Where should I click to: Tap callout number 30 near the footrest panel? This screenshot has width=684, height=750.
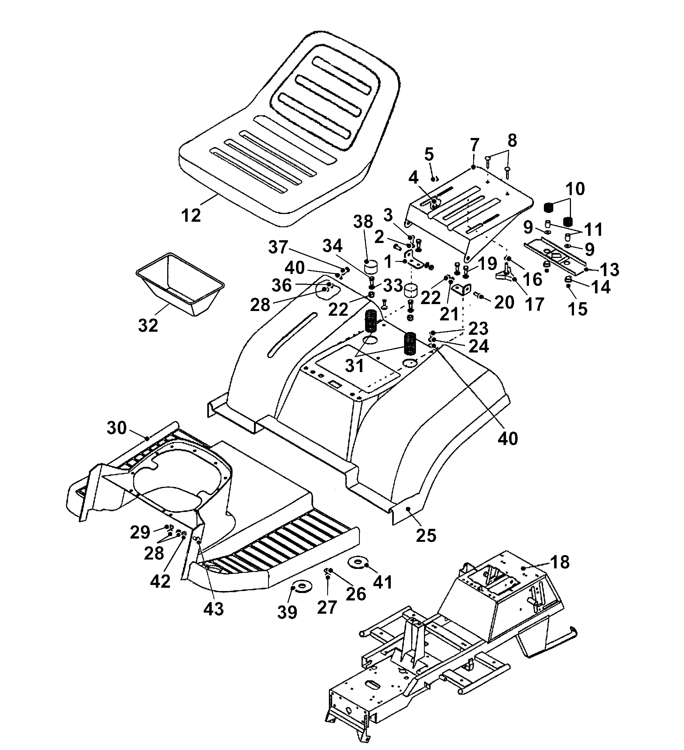click(x=117, y=428)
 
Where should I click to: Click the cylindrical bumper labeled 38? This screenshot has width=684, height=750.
click(x=370, y=267)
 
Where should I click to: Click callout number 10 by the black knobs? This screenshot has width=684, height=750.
click(x=575, y=189)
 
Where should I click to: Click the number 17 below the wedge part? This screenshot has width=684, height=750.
click(x=534, y=304)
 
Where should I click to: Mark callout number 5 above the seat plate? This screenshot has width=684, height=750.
click(x=429, y=154)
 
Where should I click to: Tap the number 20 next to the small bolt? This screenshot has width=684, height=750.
click(x=504, y=302)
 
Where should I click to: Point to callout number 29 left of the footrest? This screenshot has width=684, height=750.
click(x=140, y=533)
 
